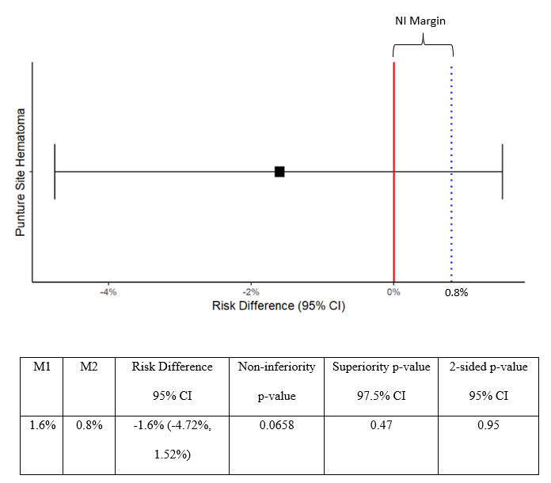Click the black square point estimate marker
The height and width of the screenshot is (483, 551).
[x=279, y=172]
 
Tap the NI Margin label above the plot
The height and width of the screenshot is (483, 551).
[x=420, y=21]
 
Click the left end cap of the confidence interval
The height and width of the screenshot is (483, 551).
[x=55, y=172]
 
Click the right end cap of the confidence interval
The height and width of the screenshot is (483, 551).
[x=503, y=172]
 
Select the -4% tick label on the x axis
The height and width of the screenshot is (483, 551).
[x=108, y=292]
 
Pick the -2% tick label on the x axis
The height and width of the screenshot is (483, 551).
[x=251, y=292]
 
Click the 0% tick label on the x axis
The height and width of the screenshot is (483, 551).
[x=393, y=292]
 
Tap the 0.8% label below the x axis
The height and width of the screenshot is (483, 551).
[x=456, y=292]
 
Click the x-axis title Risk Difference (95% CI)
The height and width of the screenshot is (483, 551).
[x=279, y=306]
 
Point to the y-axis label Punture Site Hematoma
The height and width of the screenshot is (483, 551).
[x=21, y=172]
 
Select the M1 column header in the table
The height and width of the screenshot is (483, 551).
[x=41, y=367]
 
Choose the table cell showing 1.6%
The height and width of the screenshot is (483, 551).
[x=42, y=425]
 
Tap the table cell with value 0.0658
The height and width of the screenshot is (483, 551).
[x=276, y=425]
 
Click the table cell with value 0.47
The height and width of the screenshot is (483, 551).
[x=381, y=425]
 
